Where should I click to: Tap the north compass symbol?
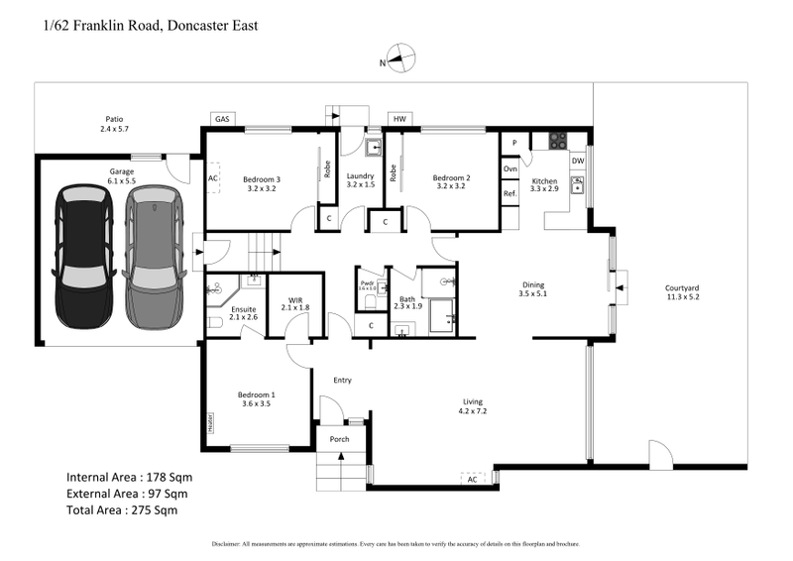pyautogui.click(x=400, y=58)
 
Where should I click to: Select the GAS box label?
pyautogui.click(x=221, y=120)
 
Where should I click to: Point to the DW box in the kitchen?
pyautogui.click(x=578, y=160)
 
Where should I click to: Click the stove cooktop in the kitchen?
pyautogui.click(x=557, y=141)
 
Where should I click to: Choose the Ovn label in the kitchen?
pyautogui.click(x=510, y=169)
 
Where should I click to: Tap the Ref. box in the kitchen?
pyautogui.click(x=510, y=193)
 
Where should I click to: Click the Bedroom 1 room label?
pyautogui.click(x=257, y=398)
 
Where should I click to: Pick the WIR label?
pyautogui.click(x=294, y=299)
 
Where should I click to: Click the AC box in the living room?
pyautogui.click(x=474, y=480)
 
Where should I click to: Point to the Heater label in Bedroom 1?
pyautogui.click(x=211, y=422)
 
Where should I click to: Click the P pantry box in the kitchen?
pyautogui.click(x=514, y=143)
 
